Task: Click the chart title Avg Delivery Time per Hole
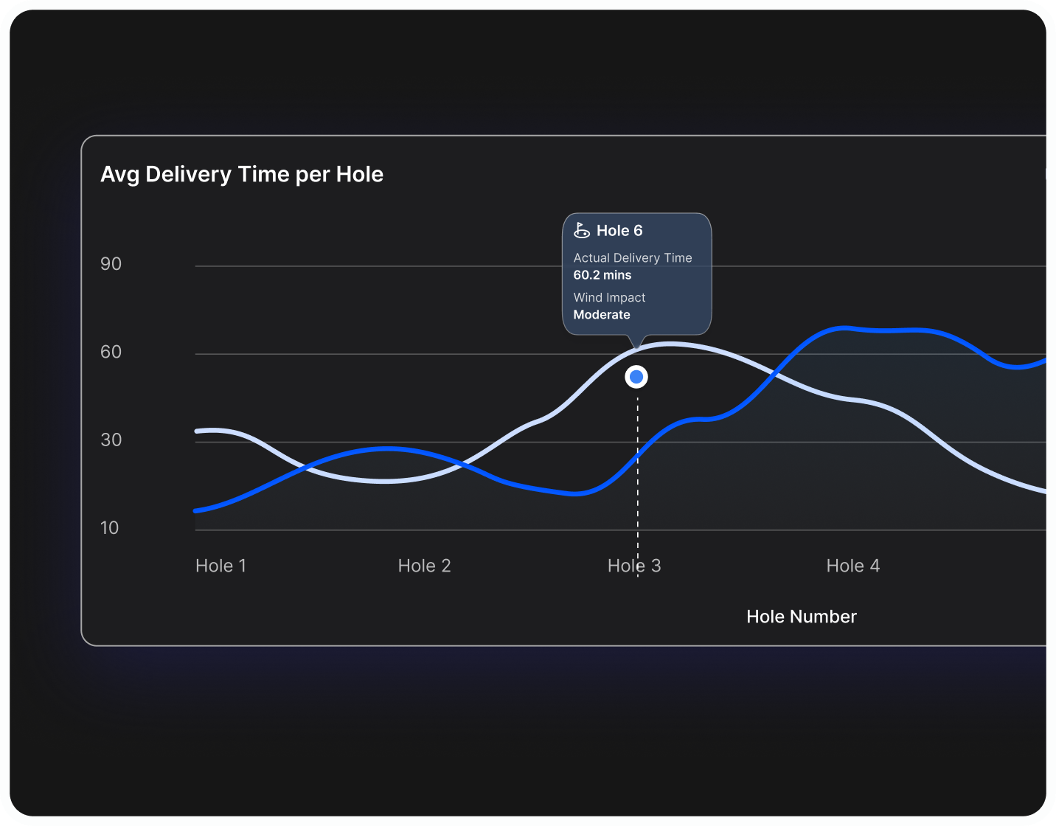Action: pos(242,175)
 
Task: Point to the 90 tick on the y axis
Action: pos(111,264)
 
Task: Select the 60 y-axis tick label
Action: pos(111,352)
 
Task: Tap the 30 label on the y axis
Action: pos(111,440)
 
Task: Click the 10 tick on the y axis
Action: pos(109,527)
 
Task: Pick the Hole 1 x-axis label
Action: pos(220,566)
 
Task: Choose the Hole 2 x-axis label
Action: pos(424,566)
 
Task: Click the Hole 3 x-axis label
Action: pos(634,566)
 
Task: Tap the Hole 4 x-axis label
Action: pos(852,566)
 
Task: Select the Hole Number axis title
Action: pos(802,617)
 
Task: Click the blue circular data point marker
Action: pos(636,377)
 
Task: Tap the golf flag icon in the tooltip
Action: pos(582,231)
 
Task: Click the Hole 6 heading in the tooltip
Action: pos(619,231)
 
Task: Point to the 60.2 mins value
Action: pos(602,275)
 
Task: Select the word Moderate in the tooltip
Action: pos(602,315)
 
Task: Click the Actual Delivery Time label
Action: pos(633,258)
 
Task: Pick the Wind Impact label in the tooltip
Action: pos(609,297)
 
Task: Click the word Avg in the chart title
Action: pos(119,175)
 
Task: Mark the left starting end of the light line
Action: pos(197,431)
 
